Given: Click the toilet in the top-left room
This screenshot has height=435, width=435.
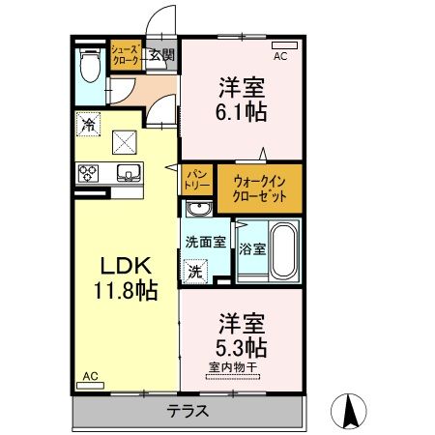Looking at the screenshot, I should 90,68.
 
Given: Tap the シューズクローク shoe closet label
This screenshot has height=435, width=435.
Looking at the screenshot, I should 127,54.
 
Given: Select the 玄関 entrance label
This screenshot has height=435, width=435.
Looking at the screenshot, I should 161,55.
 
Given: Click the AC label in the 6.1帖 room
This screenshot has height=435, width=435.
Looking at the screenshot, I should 280,57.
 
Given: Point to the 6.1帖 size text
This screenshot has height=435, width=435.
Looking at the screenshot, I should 242,109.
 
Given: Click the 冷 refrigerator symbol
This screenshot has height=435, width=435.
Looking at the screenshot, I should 88,124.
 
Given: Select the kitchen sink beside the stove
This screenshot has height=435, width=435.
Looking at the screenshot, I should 127,173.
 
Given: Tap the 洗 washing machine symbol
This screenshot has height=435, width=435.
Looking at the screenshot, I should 196,273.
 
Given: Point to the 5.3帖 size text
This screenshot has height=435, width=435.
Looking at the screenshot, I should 242,344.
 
